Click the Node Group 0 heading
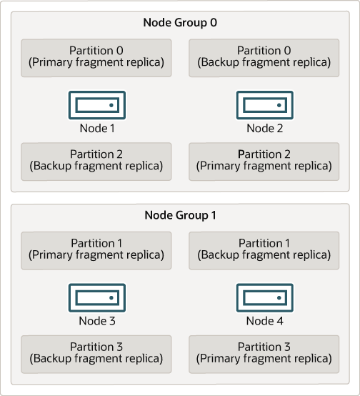[180, 22]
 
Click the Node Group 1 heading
[180, 215]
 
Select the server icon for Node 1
[96, 105]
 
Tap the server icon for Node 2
[264, 105]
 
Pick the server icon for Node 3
[96, 297]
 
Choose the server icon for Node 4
[264, 297]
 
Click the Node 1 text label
[96, 129]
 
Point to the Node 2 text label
[264, 129]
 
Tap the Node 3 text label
[96, 321]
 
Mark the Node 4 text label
[264, 321]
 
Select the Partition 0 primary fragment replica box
[96, 56]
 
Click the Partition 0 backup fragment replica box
[264, 56]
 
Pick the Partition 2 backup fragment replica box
[96, 160]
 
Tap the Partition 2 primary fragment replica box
[264, 160]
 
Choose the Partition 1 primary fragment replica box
[96, 249]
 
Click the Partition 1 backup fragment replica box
[264, 249]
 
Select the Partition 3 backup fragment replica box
[96, 353]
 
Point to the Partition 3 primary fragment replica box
[264, 353]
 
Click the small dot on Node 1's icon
[111, 105]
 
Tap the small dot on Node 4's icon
[279, 297]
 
